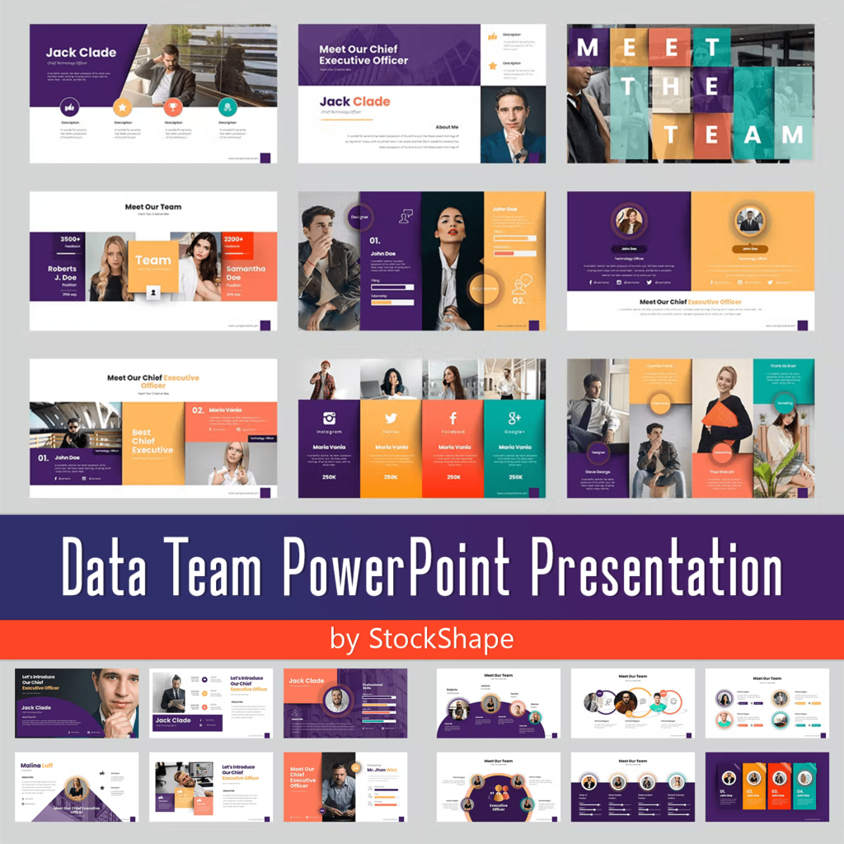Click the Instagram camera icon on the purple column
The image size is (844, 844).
click(329, 418)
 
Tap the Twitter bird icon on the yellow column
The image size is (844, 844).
click(391, 418)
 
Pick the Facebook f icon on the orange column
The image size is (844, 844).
click(452, 418)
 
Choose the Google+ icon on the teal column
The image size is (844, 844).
click(514, 418)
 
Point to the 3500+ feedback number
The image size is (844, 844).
click(71, 240)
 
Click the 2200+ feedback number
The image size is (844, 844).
click(234, 240)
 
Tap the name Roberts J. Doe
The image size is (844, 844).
click(63, 274)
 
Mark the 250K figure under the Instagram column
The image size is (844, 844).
click(329, 477)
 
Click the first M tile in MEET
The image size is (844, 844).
click(588, 48)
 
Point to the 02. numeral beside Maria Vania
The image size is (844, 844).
click(198, 410)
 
